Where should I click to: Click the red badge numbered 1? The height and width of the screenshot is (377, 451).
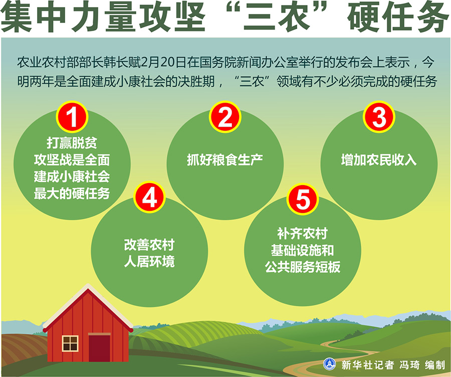[x=72, y=117]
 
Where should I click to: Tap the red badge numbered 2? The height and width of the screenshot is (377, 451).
[x=225, y=117]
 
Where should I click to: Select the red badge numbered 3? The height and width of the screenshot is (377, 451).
[x=379, y=117]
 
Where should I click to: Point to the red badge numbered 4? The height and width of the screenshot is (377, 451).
[x=149, y=197]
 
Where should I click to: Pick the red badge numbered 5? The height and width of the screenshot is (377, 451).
[x=302, y=199]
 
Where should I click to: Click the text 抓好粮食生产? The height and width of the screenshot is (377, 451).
[x=225, y=160]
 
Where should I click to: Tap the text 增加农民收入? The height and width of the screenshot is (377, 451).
[x=379, y=160]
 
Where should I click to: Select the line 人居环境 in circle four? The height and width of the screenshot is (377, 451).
[x=149, y=262]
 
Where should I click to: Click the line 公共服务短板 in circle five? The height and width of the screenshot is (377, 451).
[x=302, y=267]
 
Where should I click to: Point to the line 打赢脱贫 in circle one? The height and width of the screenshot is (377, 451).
[x=72, y=143]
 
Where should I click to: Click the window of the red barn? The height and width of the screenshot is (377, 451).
[x=70, y=343]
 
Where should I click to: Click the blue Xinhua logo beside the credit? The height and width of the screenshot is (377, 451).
[x=329, y=364]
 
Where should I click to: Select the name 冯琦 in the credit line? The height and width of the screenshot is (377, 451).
[x=409, y=365]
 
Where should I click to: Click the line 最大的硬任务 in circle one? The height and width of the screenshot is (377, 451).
[x=72, y=194]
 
